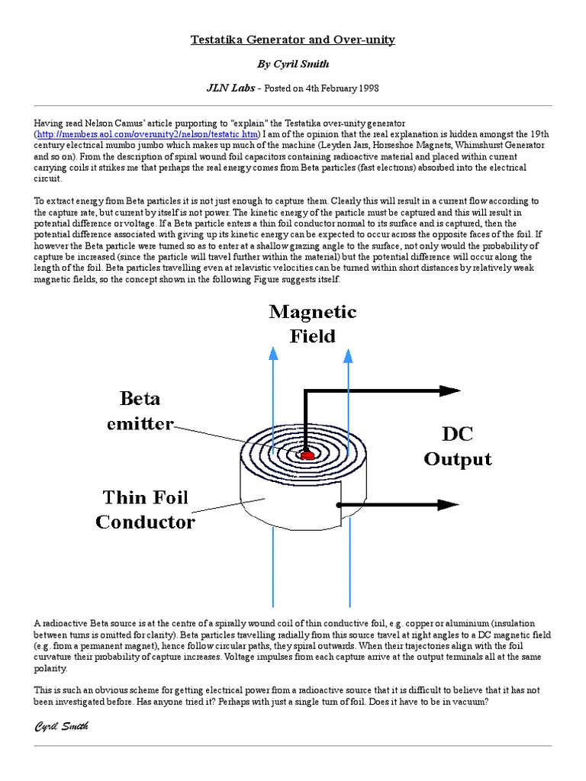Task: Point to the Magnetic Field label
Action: coord(311,324)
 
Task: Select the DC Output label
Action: coord(458,447)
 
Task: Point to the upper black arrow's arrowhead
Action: coord(449,390)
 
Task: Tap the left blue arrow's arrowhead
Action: coord(273,352)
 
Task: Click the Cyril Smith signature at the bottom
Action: coord(62,727)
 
